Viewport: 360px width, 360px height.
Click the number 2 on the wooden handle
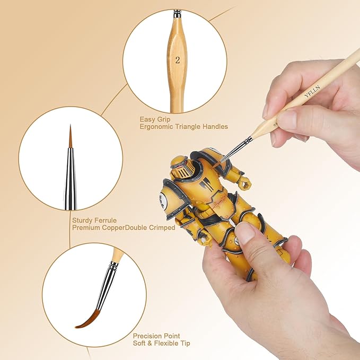tap(177, 61)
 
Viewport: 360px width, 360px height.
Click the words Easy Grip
tap(153, 119)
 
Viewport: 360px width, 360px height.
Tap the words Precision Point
tap(156, 336)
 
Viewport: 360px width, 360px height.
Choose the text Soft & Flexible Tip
tap(161, 344)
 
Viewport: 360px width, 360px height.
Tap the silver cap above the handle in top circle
tap(178, 13)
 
